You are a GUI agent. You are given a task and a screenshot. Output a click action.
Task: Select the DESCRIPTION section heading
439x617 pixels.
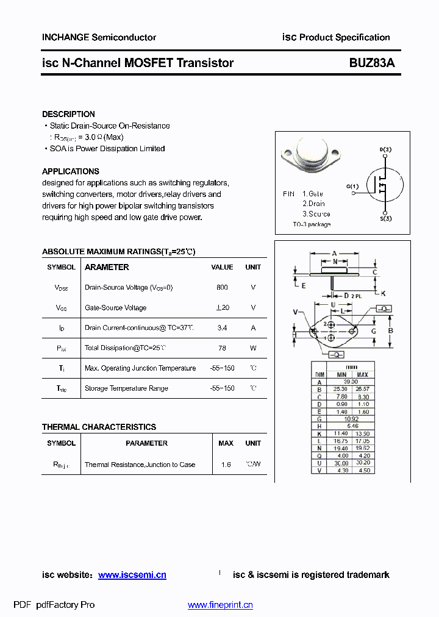point(68,114)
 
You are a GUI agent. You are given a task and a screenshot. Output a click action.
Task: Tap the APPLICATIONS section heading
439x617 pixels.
point(70,171)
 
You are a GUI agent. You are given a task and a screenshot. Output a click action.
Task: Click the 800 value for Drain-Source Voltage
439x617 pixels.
point(222,287)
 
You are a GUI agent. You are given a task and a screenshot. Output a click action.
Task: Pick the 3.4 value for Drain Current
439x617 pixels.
point(222,328)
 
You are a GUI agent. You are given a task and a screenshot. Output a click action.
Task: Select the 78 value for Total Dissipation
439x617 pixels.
point(222,348)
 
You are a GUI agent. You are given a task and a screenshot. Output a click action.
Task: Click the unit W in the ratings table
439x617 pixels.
point(253,348)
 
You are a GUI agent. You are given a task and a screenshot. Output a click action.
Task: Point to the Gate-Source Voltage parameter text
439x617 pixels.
point(115,308)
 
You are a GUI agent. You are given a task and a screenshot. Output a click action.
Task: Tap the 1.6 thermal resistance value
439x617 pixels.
point(226,465)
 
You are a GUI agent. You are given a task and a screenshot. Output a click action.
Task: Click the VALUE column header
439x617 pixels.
point(222,267)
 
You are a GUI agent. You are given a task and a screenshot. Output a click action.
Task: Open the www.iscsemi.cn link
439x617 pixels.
point(132,575)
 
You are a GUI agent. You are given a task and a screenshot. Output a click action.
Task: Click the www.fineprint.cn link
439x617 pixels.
point(220,605)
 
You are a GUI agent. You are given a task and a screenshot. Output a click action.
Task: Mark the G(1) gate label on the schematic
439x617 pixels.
point(352,186)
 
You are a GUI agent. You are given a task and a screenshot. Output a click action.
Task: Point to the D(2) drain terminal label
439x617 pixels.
point(385,149)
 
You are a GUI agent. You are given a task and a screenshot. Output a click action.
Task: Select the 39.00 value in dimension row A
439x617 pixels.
point(351,382)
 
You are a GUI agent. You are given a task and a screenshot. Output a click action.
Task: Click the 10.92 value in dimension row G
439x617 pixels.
point(351,419)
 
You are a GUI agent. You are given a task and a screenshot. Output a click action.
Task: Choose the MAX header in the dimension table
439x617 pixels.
point(362,374)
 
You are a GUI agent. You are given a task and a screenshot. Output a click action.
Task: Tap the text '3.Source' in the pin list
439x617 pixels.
point(316,214)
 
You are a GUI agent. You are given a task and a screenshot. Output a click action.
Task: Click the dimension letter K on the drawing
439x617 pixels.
point(384,293)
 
